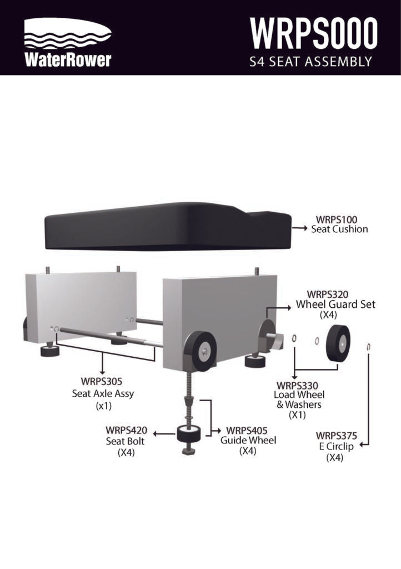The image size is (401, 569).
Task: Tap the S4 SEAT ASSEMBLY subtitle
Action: point(310,61)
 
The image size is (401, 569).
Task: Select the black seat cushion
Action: point(168,226)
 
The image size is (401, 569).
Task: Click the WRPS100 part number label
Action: point(337,219)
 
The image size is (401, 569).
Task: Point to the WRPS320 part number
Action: point(327,294)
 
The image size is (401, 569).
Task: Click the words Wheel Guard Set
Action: point(335,304)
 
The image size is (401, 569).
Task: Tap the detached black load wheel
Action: point(338,343)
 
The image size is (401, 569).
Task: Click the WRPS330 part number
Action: point(297,386)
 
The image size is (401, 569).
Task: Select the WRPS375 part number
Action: point(337,435)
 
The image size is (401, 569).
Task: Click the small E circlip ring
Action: point(369,347)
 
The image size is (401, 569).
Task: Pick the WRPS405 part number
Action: point(247,431)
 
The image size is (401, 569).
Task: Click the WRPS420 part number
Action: point(127,430)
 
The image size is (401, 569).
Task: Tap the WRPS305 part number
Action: point(102,381)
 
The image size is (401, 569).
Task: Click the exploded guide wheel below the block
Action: point(188,434)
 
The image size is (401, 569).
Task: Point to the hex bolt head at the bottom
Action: point(188,451)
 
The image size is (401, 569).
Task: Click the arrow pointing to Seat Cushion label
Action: point(299,228)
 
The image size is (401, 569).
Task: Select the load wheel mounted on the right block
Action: point(200,351)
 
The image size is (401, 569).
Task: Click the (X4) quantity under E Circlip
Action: point(335,458)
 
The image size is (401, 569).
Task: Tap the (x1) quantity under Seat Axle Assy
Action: point(103,406)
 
